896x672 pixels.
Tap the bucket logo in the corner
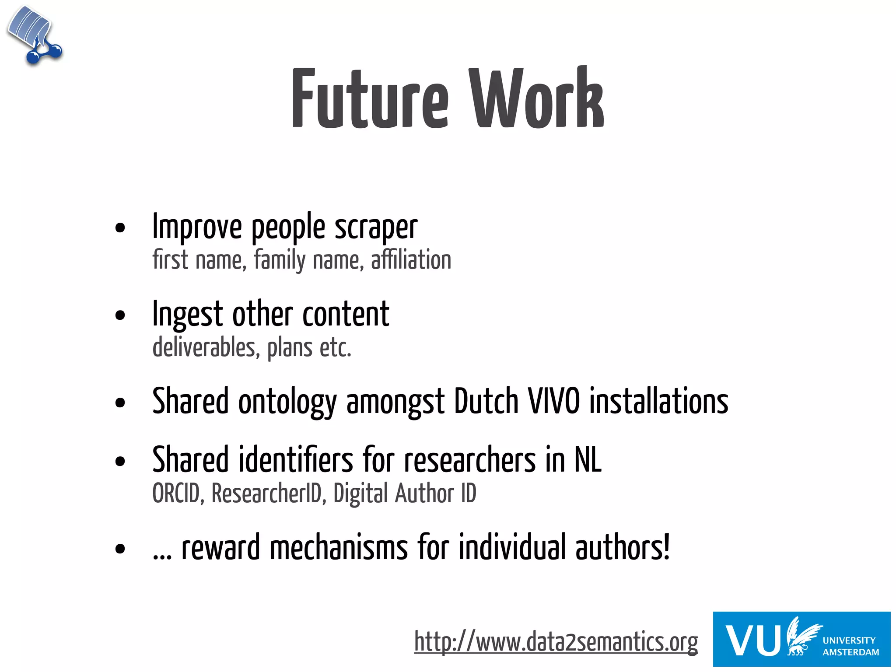click(x=34, y=35)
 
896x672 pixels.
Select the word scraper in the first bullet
click(x=376, y=227)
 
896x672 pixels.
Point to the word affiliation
click(x=411, y=260)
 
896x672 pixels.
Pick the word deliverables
click(x=204, y=348)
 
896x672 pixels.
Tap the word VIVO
click(x=554, y=401)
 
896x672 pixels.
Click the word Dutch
click(x=486, y=401)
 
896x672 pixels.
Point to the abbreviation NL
click(x=588, y=460)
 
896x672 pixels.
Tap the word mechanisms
click(x=339, y=548)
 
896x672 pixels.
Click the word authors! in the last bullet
click(x=622, y=548)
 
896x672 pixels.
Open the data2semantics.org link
click(x=556, y=642)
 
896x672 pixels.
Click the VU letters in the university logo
click(x=752, y=640)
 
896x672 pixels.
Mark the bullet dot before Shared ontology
click(x=120, y=403)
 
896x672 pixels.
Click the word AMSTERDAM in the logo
click(x=850, y=652)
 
